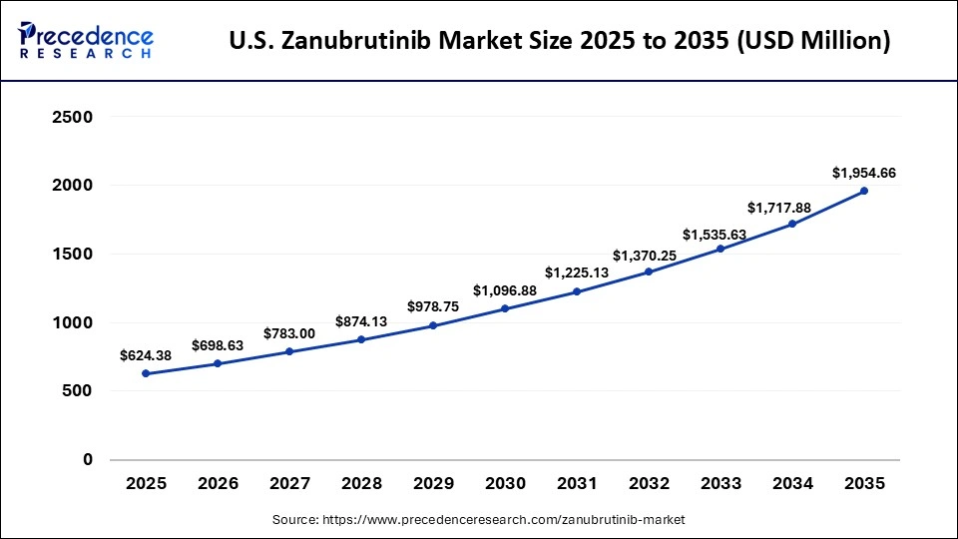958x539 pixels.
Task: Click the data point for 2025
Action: tap(146, 373)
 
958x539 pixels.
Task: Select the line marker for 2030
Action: tap(505, 308)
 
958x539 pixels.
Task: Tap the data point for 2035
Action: tap(864, 191)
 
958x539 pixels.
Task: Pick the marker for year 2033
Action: tap(720, 249)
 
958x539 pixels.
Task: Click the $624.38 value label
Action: tap(146, 354)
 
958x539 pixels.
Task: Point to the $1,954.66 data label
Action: tap(864, 173)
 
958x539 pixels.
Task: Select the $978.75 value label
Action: tap(433, 306)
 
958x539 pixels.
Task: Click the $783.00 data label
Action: tap(289, 333)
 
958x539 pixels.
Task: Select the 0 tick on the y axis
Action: tap(87, 460)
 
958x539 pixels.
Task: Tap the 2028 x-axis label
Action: tap(361, 484)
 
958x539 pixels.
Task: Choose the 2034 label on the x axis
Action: tap(792, 484)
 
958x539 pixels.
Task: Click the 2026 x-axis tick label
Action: tap(218, 484)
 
